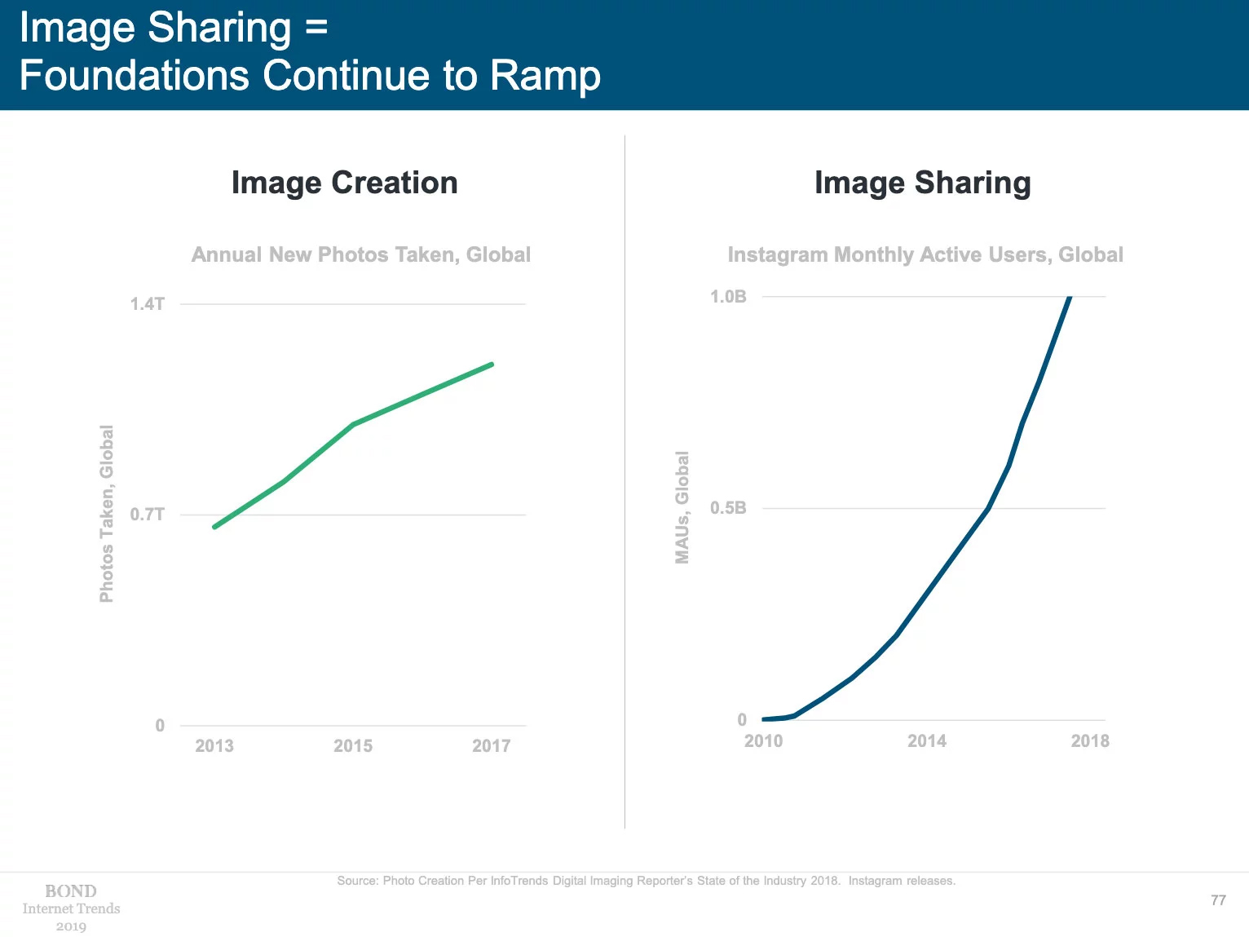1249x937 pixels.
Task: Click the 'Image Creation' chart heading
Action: [344, 183]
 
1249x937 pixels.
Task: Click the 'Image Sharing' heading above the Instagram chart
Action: [922, 183]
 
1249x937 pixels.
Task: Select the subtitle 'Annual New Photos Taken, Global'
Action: [360, 254]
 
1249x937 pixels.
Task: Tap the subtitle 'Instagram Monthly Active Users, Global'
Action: [925, 254]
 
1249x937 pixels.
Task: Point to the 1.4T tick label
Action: [147, 304]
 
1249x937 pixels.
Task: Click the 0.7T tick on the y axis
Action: [147, 515]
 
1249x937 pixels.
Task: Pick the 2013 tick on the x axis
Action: [214, 745]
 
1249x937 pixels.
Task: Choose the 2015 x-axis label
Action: [353, 745]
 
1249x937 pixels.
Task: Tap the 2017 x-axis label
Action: [491, 745]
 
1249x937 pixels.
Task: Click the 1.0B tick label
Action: [728, 297]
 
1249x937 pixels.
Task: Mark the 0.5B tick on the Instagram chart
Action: [728, 508]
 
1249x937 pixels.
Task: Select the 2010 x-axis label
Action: [763, 740]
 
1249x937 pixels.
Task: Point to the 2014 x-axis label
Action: [927, 740]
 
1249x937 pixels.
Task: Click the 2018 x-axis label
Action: [1090, 740]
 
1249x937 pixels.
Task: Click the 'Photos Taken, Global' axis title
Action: [107, 514]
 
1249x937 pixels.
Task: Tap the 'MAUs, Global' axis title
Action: [682, 507]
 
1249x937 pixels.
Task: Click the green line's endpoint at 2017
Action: [492, 365]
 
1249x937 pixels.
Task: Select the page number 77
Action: [1218, 900]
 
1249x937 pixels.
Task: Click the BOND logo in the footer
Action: [71, 891]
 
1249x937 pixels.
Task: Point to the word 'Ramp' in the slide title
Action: [545, 76]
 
